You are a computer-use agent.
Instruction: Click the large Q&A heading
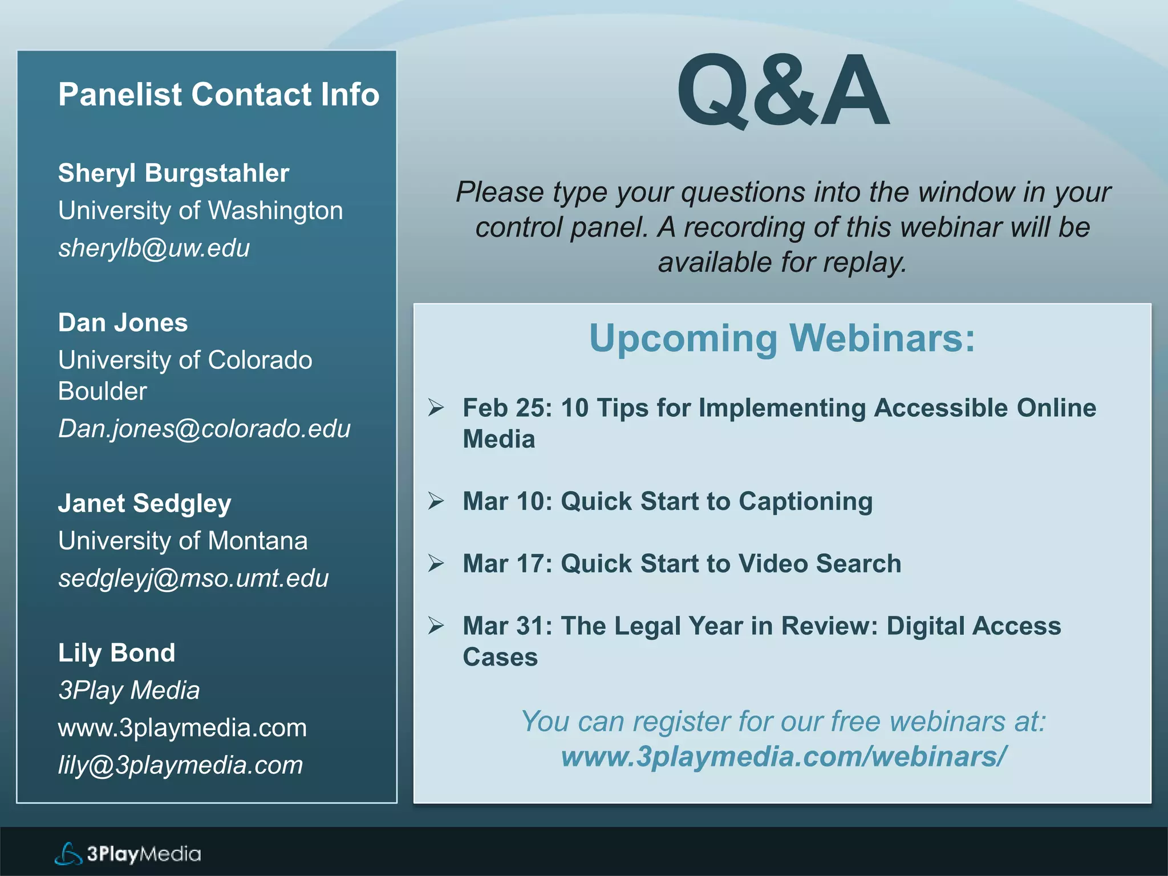782,91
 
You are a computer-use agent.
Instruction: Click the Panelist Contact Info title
218,94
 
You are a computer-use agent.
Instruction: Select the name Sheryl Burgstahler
173,173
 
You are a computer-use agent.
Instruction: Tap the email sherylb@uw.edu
154,248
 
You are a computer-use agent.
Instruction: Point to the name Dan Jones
123,323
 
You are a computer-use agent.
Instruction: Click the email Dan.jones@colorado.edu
204,429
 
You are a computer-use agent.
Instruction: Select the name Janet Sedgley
144,504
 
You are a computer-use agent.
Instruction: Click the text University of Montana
182,541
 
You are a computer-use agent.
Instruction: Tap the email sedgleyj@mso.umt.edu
193,578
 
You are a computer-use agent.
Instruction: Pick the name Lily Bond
116,653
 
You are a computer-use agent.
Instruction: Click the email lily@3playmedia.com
180,765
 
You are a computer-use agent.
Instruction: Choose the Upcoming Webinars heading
782,338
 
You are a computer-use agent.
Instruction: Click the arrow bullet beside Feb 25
436,407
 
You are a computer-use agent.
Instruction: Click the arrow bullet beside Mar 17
436,563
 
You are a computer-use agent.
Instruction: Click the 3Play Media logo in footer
128,854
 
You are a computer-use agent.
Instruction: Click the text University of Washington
200,211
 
